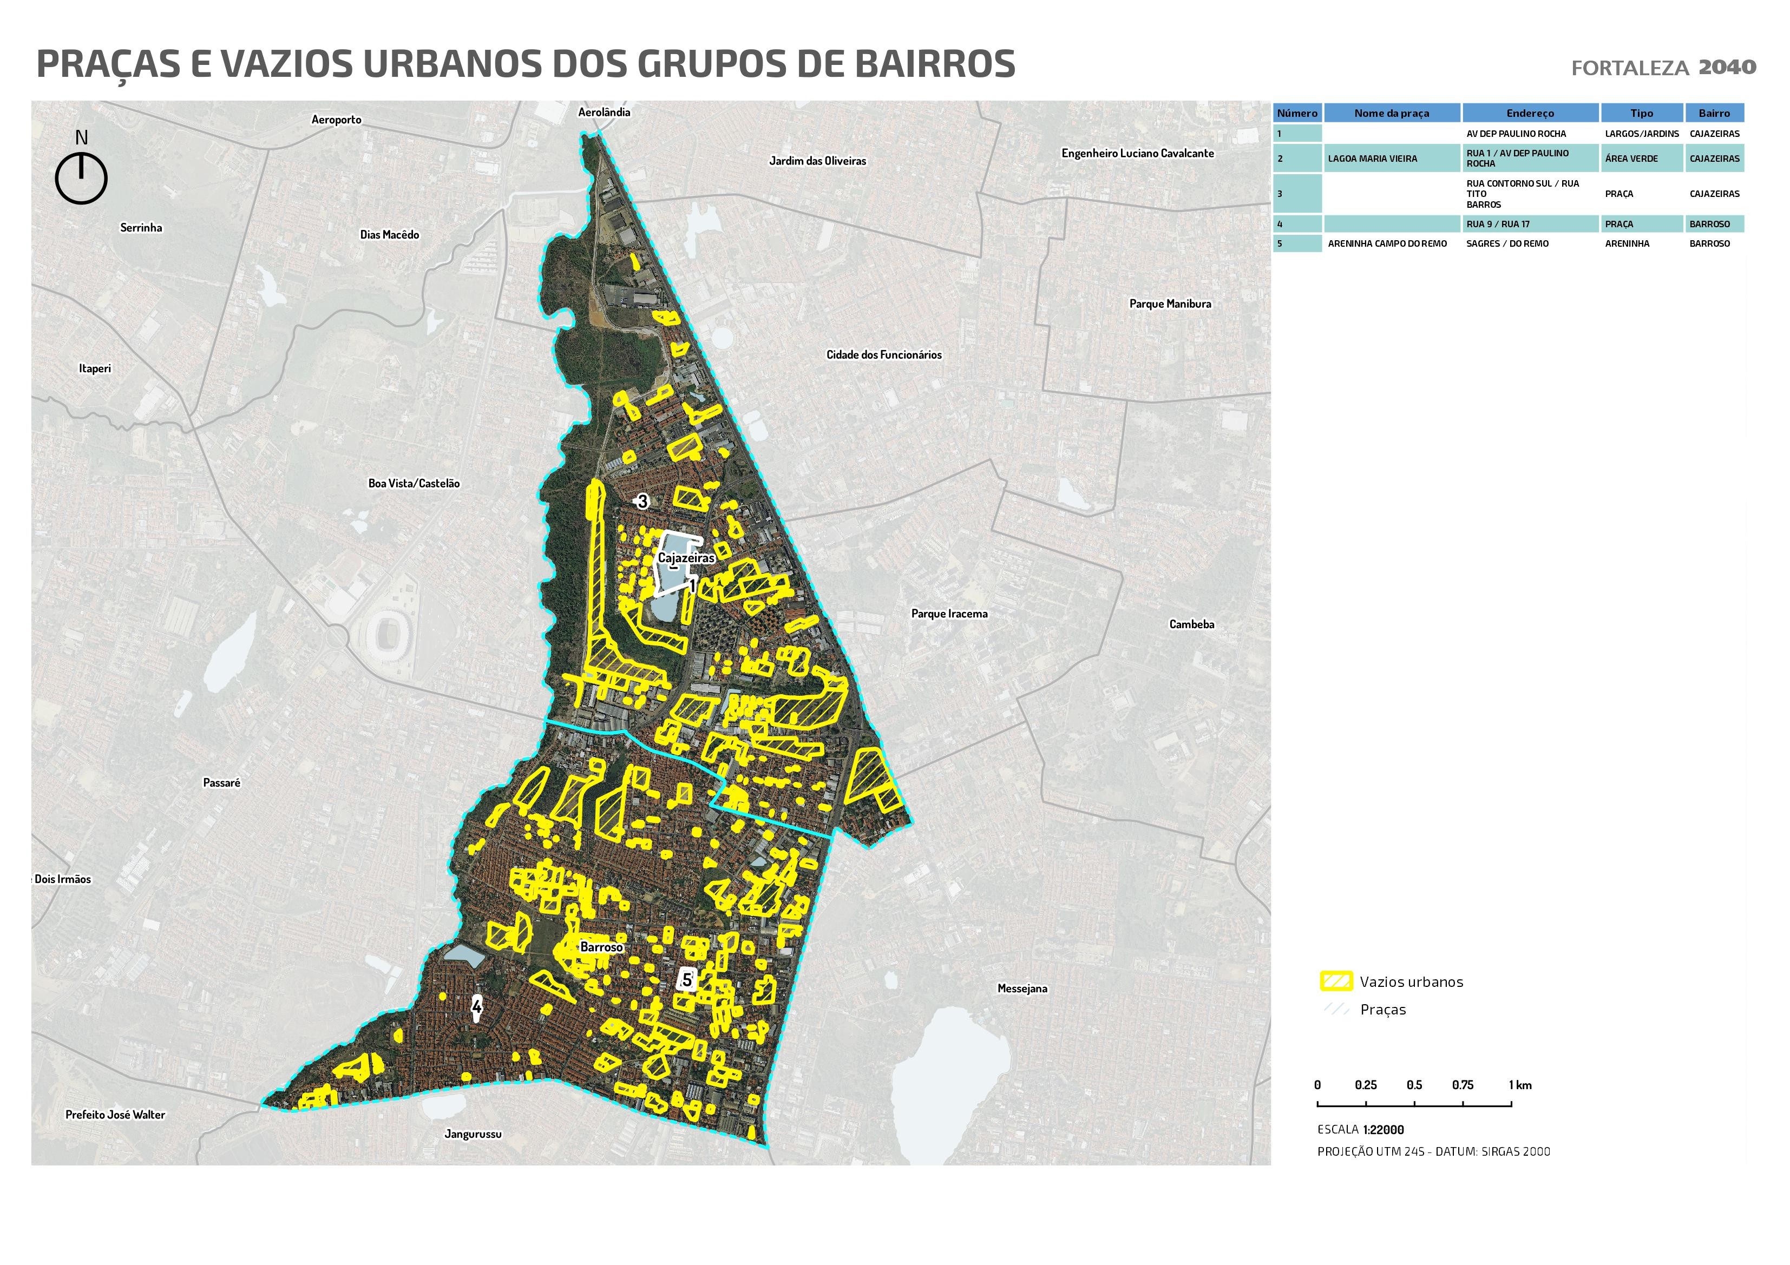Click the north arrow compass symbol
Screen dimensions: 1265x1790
click(81, 177)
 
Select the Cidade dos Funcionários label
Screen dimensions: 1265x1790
click(883, 354)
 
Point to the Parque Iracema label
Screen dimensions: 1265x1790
click(949, 614)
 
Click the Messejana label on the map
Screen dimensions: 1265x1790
click(1022, 989)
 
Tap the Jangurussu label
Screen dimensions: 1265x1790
click(473, 1134)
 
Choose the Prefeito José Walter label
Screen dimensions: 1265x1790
click(115, 1115)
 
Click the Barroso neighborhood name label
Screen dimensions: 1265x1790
click(601, 947)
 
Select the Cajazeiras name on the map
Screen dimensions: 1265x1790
click(685, 558)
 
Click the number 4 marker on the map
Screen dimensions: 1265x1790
click(476, 1007)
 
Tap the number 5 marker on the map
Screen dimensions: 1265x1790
click(686, 980)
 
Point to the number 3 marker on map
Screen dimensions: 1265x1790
click(642, 501)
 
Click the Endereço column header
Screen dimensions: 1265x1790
click(1530, 113)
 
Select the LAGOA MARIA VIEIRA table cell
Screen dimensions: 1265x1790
click(1372, 158)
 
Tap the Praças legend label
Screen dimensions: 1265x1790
click(1382, 1010)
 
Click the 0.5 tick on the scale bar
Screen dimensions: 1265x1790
click(1414, 1085)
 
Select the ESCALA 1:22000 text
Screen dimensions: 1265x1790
click(1360, 1129)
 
